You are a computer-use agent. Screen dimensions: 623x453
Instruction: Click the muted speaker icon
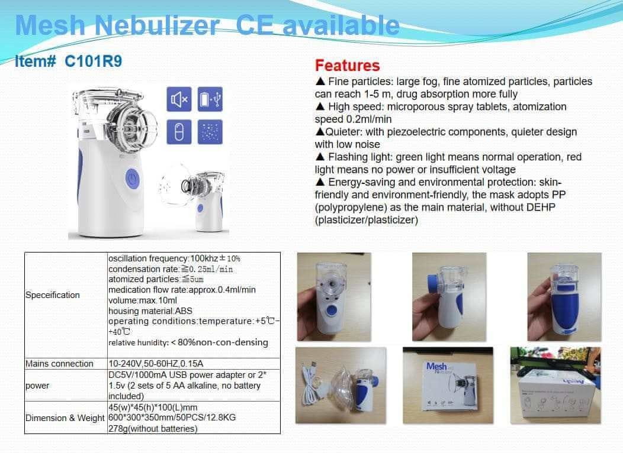[x=179, y=99]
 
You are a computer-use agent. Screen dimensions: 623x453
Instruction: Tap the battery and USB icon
[x=210, y=99]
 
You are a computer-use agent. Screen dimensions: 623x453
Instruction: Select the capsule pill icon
[x=179, y=132]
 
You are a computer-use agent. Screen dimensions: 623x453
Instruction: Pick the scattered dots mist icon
[x=210, y=132]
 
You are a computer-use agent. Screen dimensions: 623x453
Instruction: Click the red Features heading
[x=347, y=66]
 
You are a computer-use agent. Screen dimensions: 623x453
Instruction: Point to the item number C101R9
[x=94, y=62]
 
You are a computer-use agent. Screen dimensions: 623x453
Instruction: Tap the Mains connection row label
[x=59, y=364]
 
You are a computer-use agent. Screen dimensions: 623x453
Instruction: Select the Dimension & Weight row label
[x=65, y=418]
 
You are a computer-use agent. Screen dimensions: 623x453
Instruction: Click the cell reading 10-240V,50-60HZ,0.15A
[x=156, y=364]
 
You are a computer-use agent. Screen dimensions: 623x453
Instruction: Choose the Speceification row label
[x=53, y=295]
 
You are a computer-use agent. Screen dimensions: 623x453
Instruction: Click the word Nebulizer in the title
[x=157, y=25]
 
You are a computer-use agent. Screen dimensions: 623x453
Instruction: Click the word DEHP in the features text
[x=541, y=208]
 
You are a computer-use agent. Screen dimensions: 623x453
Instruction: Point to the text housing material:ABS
[x=150, y=311]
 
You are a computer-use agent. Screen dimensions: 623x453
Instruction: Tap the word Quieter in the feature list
[x=343, y=132]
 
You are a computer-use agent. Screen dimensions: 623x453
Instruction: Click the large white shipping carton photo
[x=555, y=385]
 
